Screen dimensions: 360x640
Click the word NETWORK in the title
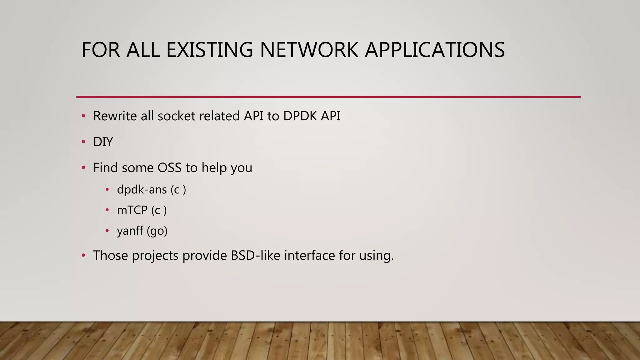(309, 50)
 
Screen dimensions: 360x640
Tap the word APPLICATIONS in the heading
(435, 50)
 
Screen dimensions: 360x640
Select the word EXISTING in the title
(209, 50)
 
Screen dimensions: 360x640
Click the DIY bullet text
(103, 142)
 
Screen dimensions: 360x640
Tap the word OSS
(169, 168)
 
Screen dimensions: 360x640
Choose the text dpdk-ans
(142, 190)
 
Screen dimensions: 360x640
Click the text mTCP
(132, 210)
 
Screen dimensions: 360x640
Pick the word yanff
(130, 231)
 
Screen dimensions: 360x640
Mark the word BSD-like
(256, 255)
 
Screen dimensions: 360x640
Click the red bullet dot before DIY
(83, 142)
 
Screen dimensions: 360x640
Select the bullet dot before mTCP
(107, 210)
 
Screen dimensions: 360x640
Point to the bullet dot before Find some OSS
(83, 168)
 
